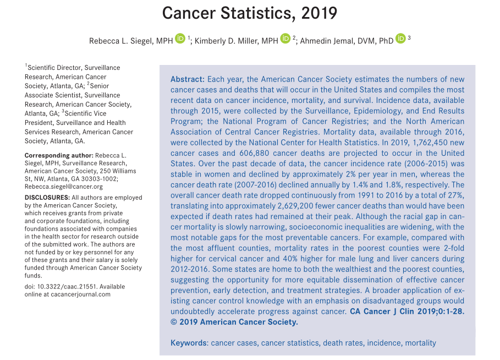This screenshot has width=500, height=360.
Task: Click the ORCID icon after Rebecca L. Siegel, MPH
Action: [180, 39]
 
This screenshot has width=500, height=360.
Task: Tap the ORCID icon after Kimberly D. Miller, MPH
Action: [285, 39]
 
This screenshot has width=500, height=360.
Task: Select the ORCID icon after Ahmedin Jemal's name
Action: [400, 39]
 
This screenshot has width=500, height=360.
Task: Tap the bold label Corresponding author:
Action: [59, 156]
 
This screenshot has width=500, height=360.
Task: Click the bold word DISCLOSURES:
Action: [46, 198]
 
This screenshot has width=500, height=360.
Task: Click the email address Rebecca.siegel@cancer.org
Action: [64, 187]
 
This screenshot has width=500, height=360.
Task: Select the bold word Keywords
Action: [189, 343]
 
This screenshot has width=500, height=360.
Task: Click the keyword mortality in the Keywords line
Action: [420, 343]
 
